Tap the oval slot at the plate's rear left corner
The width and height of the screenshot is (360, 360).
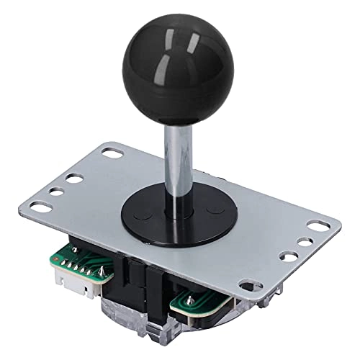pos(111,153)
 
